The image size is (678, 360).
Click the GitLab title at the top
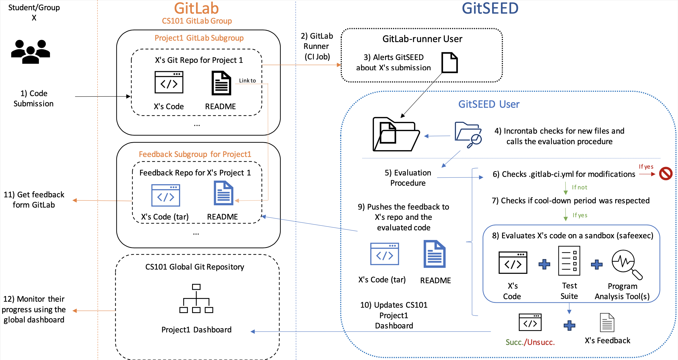(x=196, y=8)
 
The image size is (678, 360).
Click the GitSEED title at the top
(x=490, y=8)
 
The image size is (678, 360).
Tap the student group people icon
(x=31, y=51)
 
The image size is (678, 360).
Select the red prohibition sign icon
(x=665, y=173)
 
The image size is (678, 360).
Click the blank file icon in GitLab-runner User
(x=450, y=63)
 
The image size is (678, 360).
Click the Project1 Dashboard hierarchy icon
(x=196, y=298)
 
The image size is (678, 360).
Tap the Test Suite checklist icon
(x=569, y=261)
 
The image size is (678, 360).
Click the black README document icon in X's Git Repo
(x=221, y=83)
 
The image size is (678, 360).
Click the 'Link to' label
(x=247, y=81)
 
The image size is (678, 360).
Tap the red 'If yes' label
(x=646, y=167)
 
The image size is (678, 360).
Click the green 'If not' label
(x=579, y=187)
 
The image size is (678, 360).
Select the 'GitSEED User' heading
(x=489, y=104)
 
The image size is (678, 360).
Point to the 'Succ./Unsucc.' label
(x=530, y=342)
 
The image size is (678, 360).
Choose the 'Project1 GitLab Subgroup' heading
(x=199, y=38)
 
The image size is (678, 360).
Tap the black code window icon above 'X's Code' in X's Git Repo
(x=169, y=82)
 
